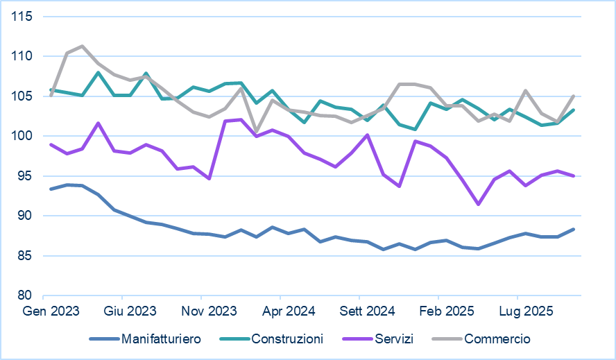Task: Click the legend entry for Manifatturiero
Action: [x=161, y=339]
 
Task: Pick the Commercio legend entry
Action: [x=497, y=339]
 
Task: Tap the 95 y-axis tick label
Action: [x=26, y=176]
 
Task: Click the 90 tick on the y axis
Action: [x=26, y=216]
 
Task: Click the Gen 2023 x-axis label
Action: [x=51, y=311]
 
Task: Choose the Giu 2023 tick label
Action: [x=130, y=311]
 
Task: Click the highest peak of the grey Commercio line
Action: [x=83, y=46]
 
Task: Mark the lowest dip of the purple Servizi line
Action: [x=479, y=204]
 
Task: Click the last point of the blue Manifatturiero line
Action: [x=574, y=229]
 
